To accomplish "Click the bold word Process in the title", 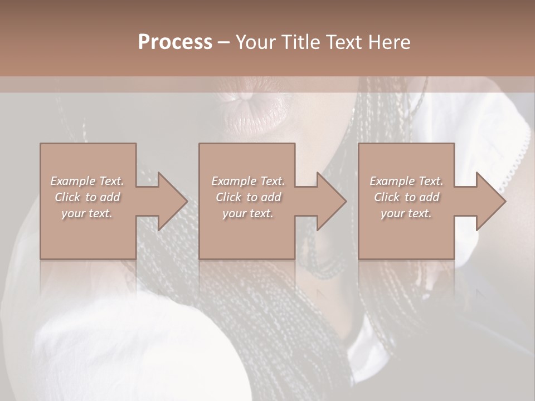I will tap(175, 42).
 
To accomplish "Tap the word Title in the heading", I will tap(300, 42).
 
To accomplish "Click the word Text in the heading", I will tap(345, 42).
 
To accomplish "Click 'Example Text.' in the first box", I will tap(87, 181).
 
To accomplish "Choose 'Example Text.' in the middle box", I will tap(247, 181).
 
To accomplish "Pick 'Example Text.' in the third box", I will tap(406, 181).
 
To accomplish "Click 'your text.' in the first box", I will tap(87, 213).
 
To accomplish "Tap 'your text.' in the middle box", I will tap(247, 213).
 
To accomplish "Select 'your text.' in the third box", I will tap(406, 213).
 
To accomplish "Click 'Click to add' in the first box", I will tap(87, 197).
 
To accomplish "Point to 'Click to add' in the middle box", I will tap(247, 197).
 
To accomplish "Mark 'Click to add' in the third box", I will tap(406, 197).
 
